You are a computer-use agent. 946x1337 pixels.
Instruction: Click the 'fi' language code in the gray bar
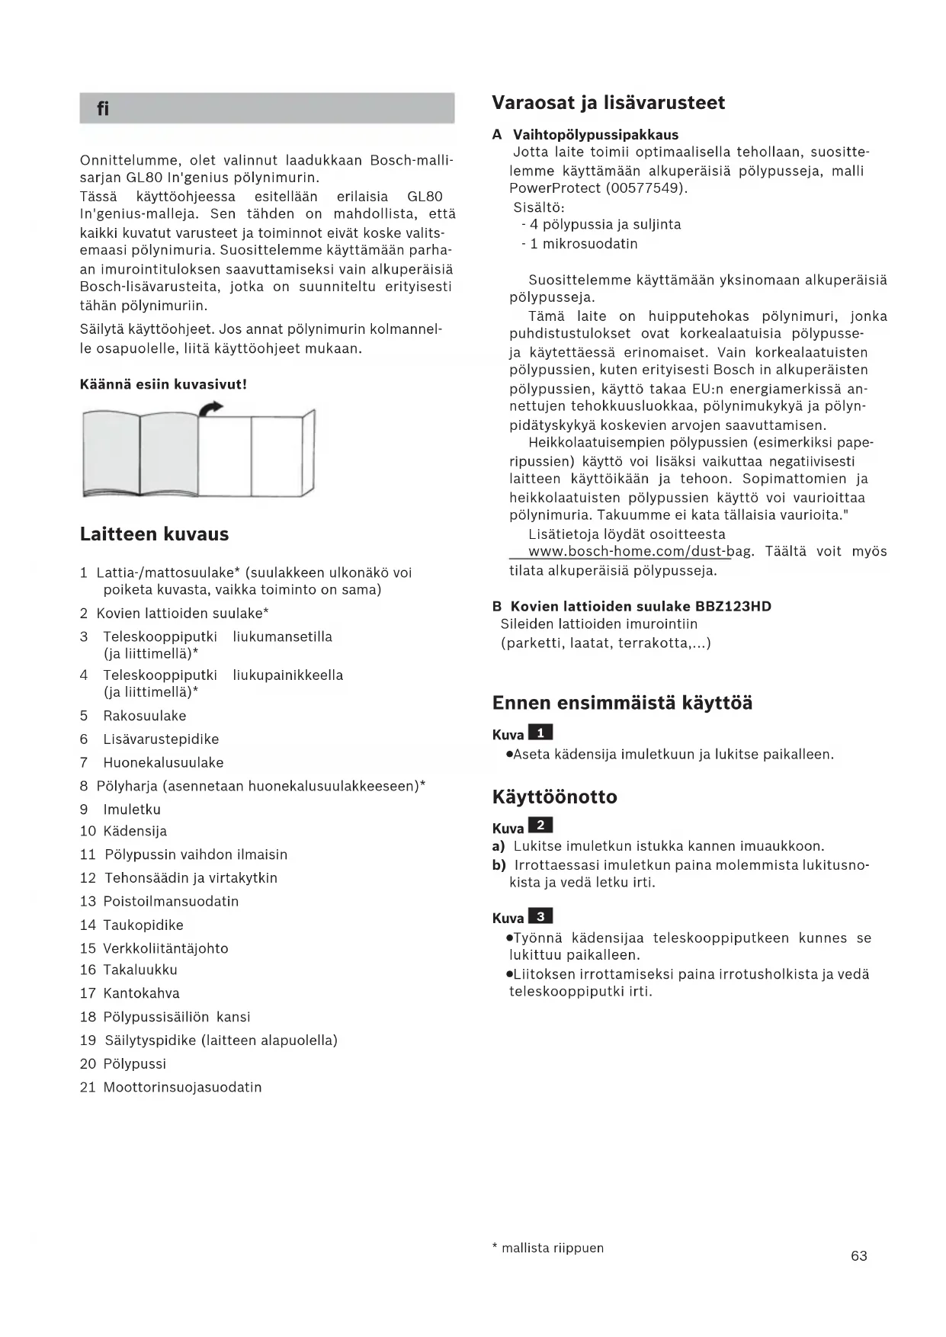point(103,109)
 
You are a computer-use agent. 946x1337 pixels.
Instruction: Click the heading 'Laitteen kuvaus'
point(154,534)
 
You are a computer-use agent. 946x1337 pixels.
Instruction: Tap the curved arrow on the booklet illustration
point(210,409)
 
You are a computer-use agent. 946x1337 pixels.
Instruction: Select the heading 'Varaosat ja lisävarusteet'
point(608,103)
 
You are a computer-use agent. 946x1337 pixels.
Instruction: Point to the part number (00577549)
point(646,188)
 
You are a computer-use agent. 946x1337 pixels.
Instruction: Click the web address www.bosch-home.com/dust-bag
point(629,552)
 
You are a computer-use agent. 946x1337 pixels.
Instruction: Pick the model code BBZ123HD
point(733,607)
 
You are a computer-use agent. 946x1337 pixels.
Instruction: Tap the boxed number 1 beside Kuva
point(540,733)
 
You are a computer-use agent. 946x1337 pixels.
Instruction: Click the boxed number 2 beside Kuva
point(540,826)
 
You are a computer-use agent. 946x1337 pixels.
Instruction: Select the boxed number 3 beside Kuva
point(540,916)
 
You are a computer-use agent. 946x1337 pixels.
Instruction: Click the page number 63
point(858,1255)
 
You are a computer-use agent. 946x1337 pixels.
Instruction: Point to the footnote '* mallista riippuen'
point(548,1248)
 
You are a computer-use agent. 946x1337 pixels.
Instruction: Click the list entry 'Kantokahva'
point(141,993)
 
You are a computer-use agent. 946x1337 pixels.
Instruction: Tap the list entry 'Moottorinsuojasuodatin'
point(182,1087)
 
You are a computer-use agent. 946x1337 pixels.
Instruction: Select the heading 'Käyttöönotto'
point(554,797)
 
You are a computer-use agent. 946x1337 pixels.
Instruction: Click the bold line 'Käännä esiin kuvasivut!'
point(163,384)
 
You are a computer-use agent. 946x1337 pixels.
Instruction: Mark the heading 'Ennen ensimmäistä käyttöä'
point(622,703)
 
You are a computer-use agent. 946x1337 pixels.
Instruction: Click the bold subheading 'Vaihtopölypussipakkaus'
point(595,135)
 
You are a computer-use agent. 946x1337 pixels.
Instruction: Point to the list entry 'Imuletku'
point(132,810)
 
